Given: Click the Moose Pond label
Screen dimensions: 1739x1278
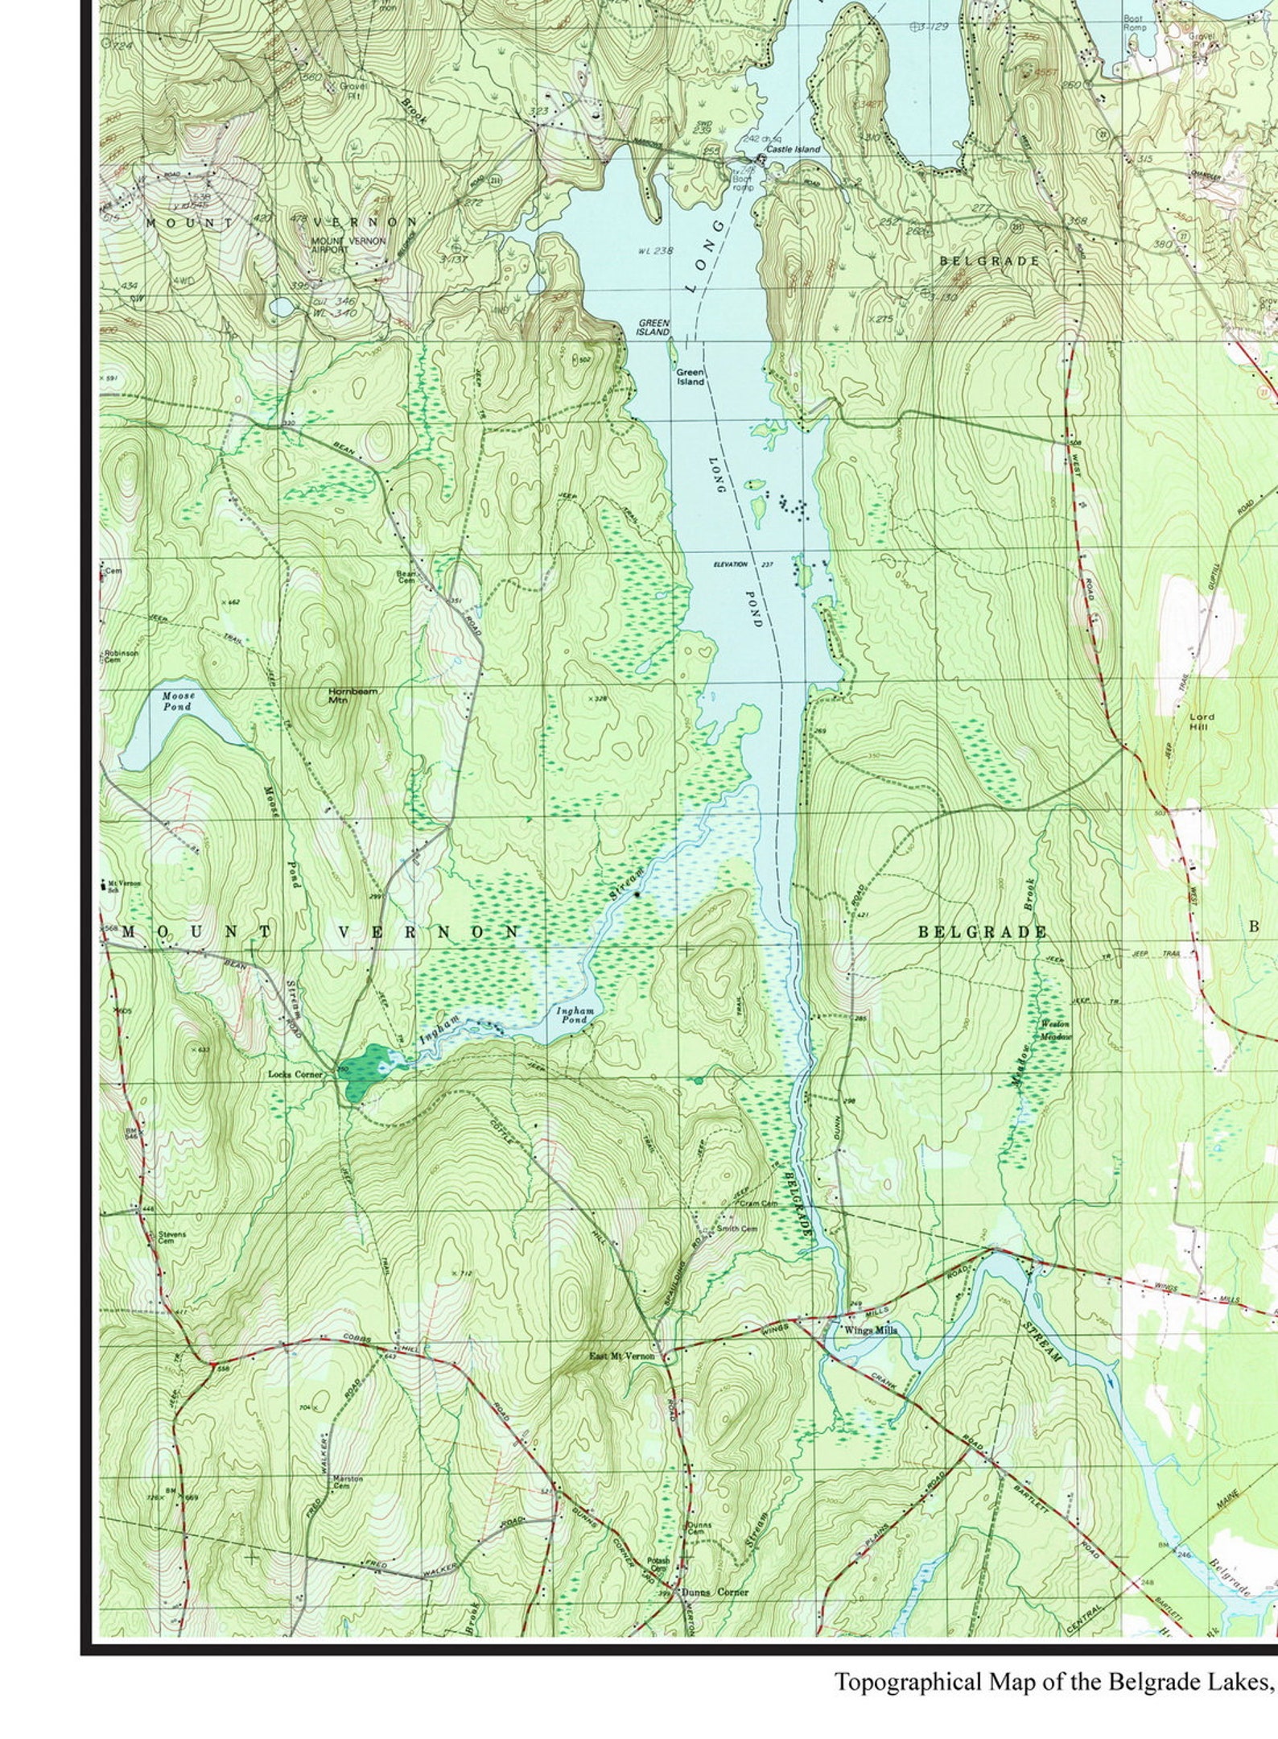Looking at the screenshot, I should (x=178, y=700).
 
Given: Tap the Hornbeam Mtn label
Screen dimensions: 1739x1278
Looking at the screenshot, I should (x=352, y=696).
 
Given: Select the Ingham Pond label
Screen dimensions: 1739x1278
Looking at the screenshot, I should (x=575, y=1014).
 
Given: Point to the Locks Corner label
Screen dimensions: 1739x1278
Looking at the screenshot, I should (x=295, y=1075).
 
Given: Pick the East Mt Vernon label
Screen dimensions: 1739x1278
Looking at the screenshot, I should (x=622, y=1357).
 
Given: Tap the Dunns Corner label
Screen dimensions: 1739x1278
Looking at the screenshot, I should (x=715, y=1592).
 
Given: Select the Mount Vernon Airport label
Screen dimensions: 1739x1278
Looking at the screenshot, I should (x=348, y=245).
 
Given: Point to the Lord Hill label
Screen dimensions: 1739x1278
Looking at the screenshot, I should (x=1202, y=721).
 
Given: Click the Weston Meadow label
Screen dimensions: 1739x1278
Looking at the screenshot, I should (x=1055, y=1030).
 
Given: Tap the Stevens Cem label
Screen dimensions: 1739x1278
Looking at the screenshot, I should (x=171, y=1237).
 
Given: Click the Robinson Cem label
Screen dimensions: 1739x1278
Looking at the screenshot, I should (x=121, y=657).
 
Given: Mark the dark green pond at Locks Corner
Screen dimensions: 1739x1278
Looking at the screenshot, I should (x=365, y=1072).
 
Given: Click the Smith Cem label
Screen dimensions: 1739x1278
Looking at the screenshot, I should (x=737, y=1229).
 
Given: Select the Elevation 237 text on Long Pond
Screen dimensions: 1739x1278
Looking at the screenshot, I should (x=743, y=564).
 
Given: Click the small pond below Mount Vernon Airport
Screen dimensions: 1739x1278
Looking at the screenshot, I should (x=282, y=308).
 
